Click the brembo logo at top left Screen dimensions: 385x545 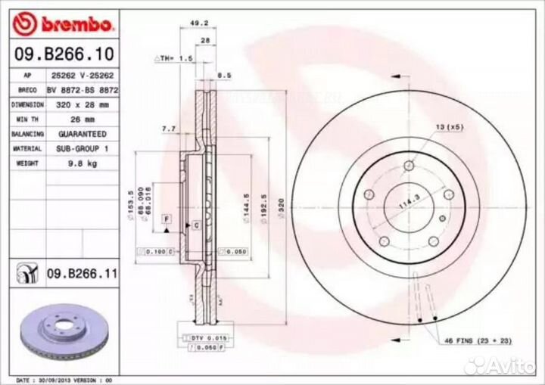click(64, 24)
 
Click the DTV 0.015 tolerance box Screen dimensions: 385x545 click(199, 337)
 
